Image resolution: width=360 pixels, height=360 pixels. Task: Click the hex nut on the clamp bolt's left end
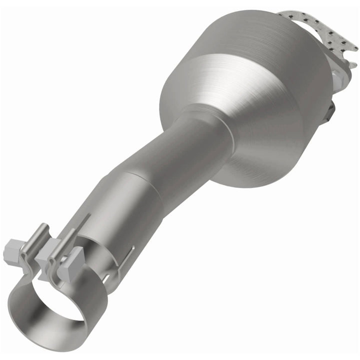[12, 250]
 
